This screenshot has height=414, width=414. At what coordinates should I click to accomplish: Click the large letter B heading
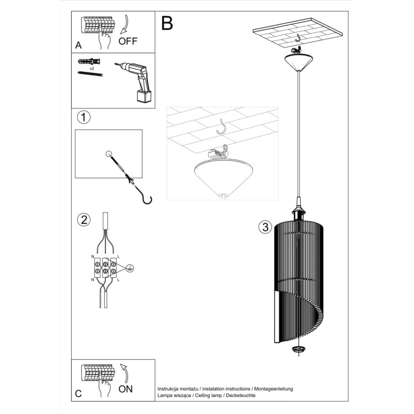pyautogui.click(x=167, y=24)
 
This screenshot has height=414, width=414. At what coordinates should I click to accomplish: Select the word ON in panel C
pyautogui.click(x=126, y=390)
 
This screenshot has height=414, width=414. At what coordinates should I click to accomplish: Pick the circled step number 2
pyautogui.click(x=83, y=220)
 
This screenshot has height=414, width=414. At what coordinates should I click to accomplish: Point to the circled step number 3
pyautogui.click(x=265, y=227)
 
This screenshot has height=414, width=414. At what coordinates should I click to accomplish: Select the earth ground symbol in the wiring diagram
pyautogui.click(x=129, y=268)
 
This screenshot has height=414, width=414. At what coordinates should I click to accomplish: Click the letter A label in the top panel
pyautogui.click(x=78, y=45)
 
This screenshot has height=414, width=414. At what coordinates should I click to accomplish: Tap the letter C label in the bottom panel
pyautogui.click(x=78, y=394)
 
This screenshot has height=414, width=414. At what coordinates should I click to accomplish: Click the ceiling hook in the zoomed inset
pyautogui.click(x=224, y=126)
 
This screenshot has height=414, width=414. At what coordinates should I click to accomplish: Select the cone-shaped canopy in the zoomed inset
pyautogui.click(x=224, y=177)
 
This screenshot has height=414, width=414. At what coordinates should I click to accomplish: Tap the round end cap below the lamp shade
pyautogui.click(x=298, y=349)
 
